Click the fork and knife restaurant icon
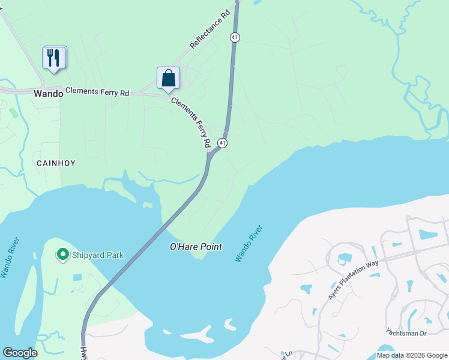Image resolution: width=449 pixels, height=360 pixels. click(x=54, y=58)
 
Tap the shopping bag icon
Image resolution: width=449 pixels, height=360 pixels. click(x=169, y=79)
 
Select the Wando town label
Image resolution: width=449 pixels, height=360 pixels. click(x=48, y=93)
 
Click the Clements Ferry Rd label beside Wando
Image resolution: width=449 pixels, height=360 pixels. click(x=97, y=92)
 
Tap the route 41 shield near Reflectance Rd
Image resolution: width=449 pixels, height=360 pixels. click(x=235, y=37)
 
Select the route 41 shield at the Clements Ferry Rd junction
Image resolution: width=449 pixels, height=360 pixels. click(x=223, y=143)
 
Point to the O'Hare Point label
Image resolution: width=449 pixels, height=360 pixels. click(x=196, y=247)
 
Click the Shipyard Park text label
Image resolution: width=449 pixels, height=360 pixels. click(x=97, y=255)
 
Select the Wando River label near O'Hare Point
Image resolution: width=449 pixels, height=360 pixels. click(x=249, y=244)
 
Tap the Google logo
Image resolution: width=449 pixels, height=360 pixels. click(x=20, y=353)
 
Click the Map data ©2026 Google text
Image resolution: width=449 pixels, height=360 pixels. click(x=411, y=355)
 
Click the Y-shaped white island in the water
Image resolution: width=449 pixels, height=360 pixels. click(x=196, y=334)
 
